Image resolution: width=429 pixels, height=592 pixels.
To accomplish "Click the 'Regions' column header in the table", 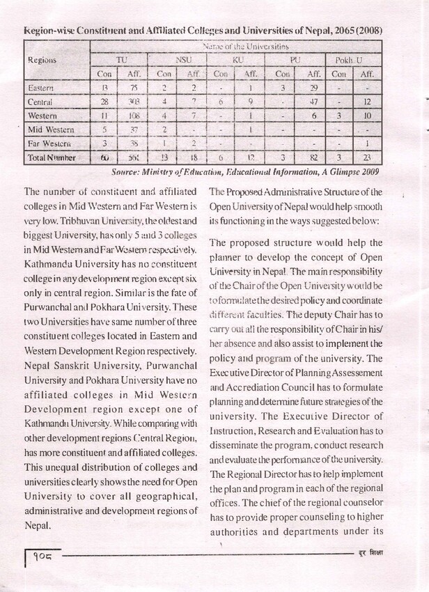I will [41, 60].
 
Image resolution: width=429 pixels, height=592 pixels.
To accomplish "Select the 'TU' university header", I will [121, 60].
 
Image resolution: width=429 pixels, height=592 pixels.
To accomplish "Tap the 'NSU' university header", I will [182, 60].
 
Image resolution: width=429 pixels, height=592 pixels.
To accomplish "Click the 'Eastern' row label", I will [41, 88].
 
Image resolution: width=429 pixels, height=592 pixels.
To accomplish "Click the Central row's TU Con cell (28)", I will [105, 102].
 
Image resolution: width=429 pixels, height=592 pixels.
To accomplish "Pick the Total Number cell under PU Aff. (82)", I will [313, 158].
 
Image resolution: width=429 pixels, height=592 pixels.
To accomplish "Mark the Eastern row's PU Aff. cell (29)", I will [313, 88].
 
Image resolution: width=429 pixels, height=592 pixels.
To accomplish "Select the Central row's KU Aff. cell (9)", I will [249, 102].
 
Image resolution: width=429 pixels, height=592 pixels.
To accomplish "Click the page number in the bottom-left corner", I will [43, 558].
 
